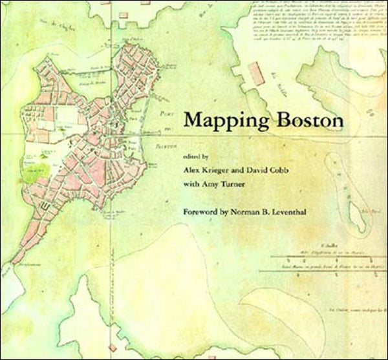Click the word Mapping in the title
point(219,120)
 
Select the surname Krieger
point(224,170)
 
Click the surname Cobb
point(309,170)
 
